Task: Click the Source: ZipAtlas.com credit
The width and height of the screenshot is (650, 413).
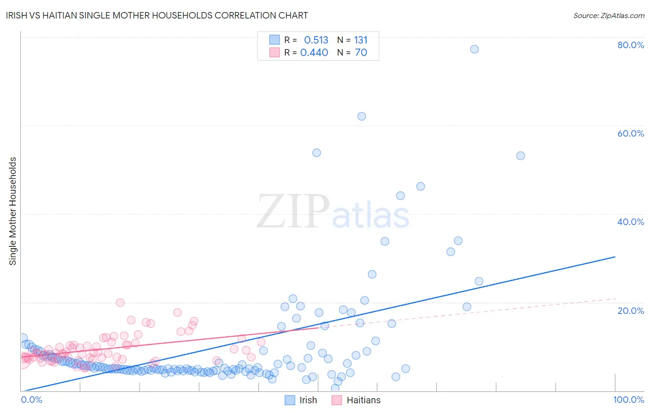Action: [x=608, y=16]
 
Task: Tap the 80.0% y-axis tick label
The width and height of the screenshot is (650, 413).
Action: [x=631, y=45]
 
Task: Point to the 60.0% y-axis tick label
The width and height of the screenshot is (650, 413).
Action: [x=631, y=133]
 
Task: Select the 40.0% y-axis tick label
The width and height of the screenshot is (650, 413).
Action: [x=631, y=222]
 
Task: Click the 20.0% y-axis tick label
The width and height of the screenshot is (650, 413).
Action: [x=631, y=311]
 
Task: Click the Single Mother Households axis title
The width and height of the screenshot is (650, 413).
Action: [x=13, y=211]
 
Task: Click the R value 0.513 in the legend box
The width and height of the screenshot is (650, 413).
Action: [x=316, y=40]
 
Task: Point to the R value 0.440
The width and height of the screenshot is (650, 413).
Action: [x=314, y=53]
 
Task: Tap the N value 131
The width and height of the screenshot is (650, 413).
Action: [x=361, y=40]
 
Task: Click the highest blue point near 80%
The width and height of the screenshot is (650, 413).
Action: [x=474, y=49]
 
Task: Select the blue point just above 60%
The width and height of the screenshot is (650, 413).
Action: [x=362, y=116]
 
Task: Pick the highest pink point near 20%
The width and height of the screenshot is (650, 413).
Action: [x=120, y=303]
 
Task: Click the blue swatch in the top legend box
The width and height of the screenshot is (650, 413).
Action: [x=275, y=40]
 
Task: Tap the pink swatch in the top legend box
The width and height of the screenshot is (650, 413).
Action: [x=275, y=52]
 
